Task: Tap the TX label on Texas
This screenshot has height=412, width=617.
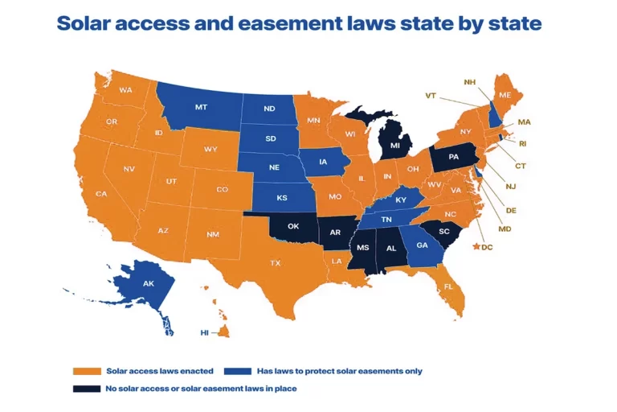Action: [275, 263]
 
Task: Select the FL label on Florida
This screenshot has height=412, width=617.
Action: [448, 286]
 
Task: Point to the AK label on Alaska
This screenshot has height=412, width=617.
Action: [148, 284]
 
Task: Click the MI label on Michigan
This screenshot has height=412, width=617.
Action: [394, 146]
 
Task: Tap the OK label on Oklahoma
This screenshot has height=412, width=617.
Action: [293, 226]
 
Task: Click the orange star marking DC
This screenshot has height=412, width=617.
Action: [478, 246]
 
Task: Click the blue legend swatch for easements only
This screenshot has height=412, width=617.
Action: [239, 371]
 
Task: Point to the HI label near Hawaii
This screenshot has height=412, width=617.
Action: [206, 332]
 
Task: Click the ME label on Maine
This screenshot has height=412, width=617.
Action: [505, 95]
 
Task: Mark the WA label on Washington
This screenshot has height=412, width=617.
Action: [125, 90]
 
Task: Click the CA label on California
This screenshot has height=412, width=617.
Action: [101, 194]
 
